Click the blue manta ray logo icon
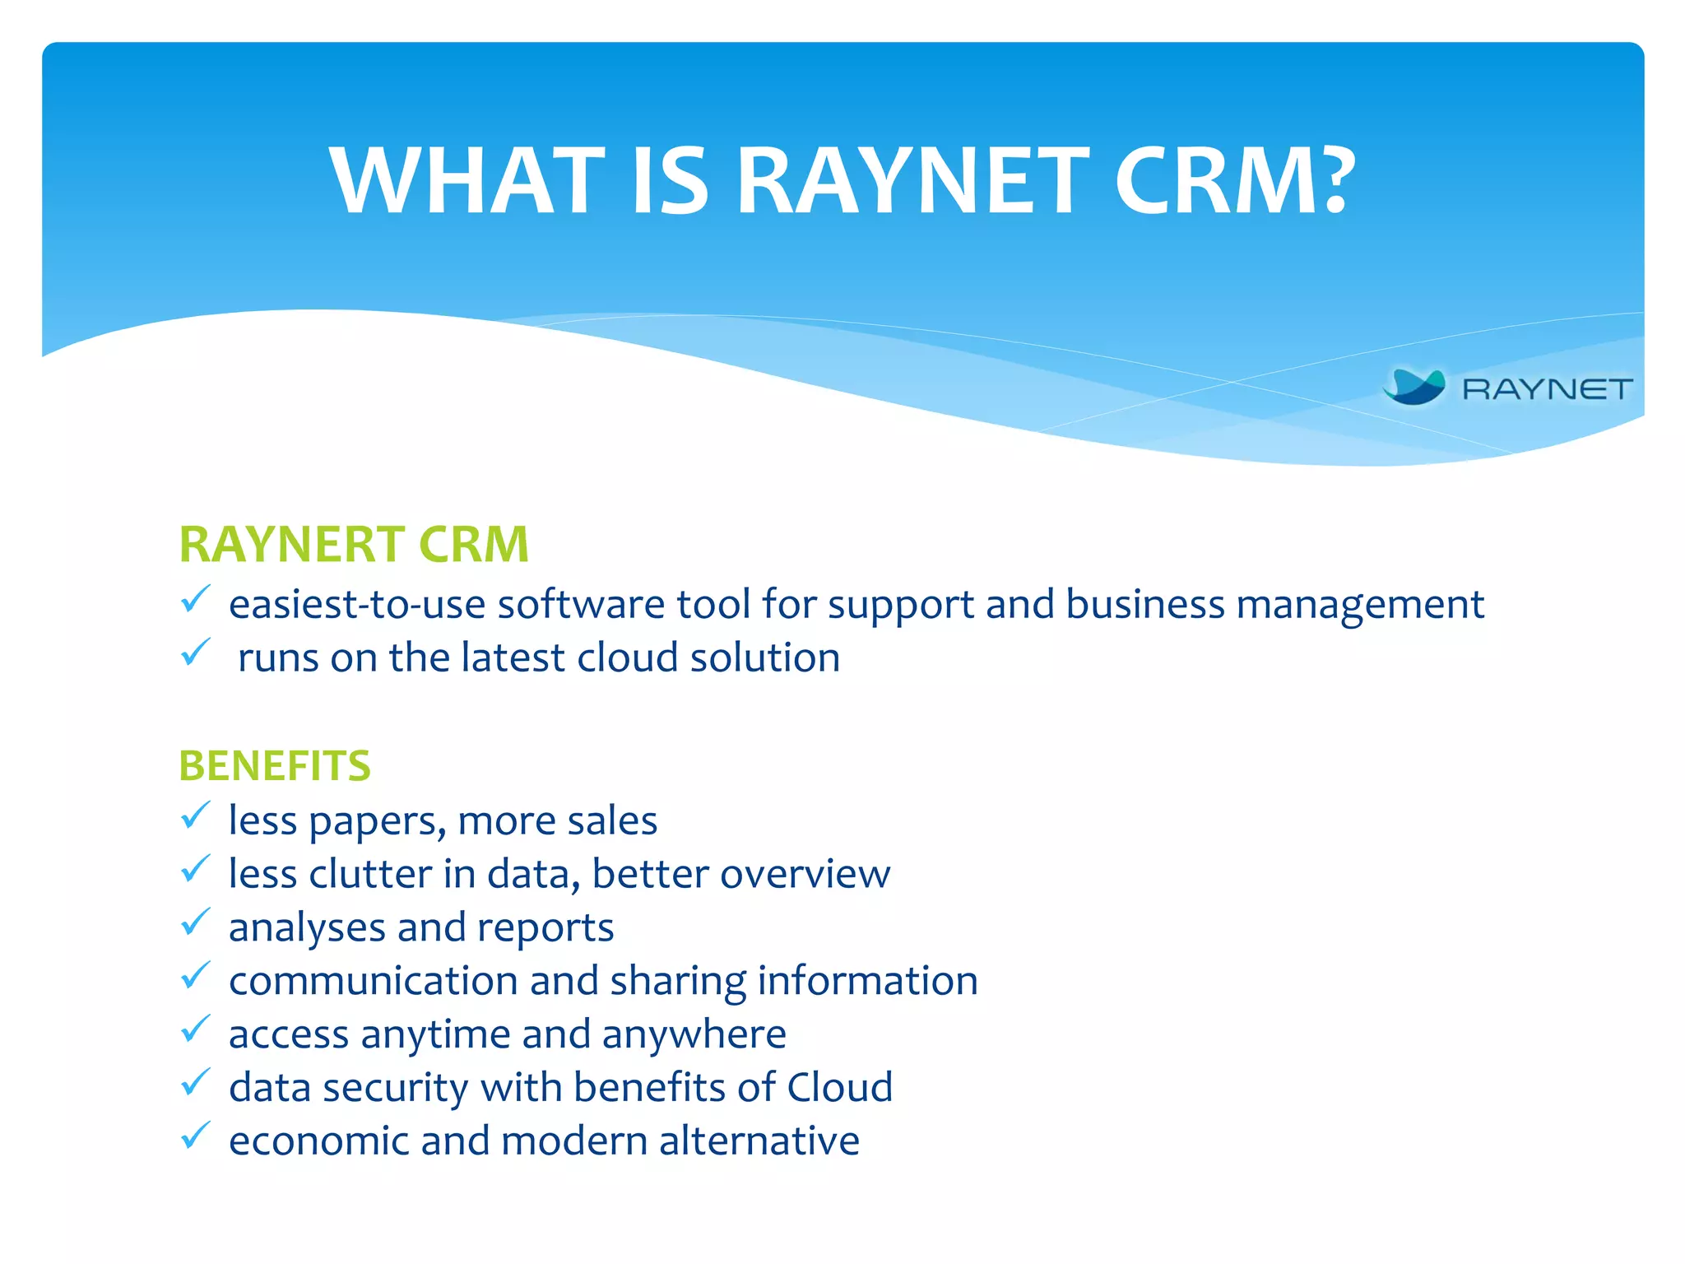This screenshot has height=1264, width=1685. click(x=1414, y=387)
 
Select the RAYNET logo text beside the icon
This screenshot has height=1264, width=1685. click(x=1547, y=389)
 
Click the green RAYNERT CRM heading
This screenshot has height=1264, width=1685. click(x=354, y=545)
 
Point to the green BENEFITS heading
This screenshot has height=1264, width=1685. click(x=275, y=766)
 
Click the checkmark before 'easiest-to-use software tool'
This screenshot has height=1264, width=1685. click(x=195, y=600)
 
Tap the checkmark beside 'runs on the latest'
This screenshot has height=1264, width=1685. click(x=195, y=653)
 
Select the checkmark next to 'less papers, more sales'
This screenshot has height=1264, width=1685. click(x=195, y=816)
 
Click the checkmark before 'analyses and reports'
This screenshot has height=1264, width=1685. click(x=195, y=923)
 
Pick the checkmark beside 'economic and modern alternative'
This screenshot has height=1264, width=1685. click(x=195, y=1136)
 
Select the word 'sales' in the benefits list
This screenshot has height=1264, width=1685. click(x=611, y=821)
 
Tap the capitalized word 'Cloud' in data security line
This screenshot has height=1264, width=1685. click(x=839, y=1088)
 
